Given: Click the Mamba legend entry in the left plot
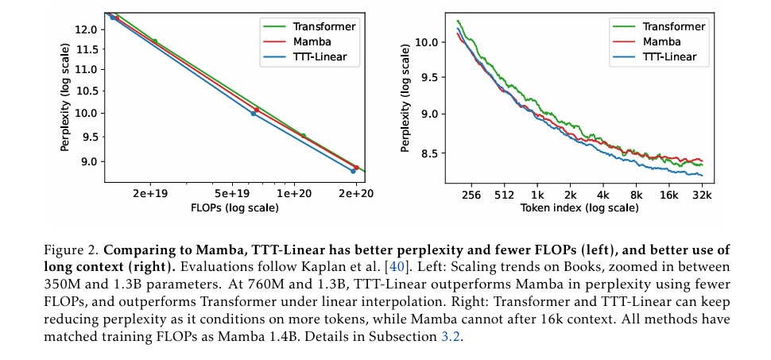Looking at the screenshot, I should [326, 41].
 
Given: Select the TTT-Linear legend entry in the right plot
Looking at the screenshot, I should [669, 56].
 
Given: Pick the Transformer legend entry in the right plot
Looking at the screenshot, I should [672, 26].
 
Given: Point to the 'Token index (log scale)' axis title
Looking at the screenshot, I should [579, 208].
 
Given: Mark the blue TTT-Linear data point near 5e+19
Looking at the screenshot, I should [254, 114].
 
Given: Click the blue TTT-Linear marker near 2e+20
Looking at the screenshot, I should [353, 171].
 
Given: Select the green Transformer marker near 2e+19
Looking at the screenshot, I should [154, 41].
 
